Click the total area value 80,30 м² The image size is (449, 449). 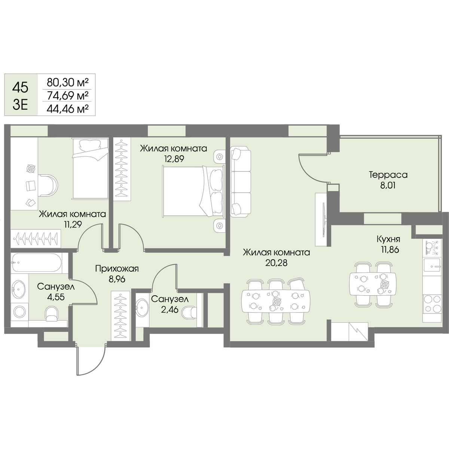[68, 82]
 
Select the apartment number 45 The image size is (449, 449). [20, 88]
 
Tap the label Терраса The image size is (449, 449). [388, 175]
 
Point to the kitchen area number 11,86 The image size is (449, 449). [388, 250]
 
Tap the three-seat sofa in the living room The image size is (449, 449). [241, 181]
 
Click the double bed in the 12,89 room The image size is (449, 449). [193, 191]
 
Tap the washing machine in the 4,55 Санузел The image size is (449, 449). [19, 312]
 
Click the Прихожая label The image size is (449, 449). [117, 269]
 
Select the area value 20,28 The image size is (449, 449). [276, 263]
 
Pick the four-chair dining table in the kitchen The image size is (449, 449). [373, 284]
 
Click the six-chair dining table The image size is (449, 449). [276, 302]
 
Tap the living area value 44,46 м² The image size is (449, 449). [68, 109]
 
